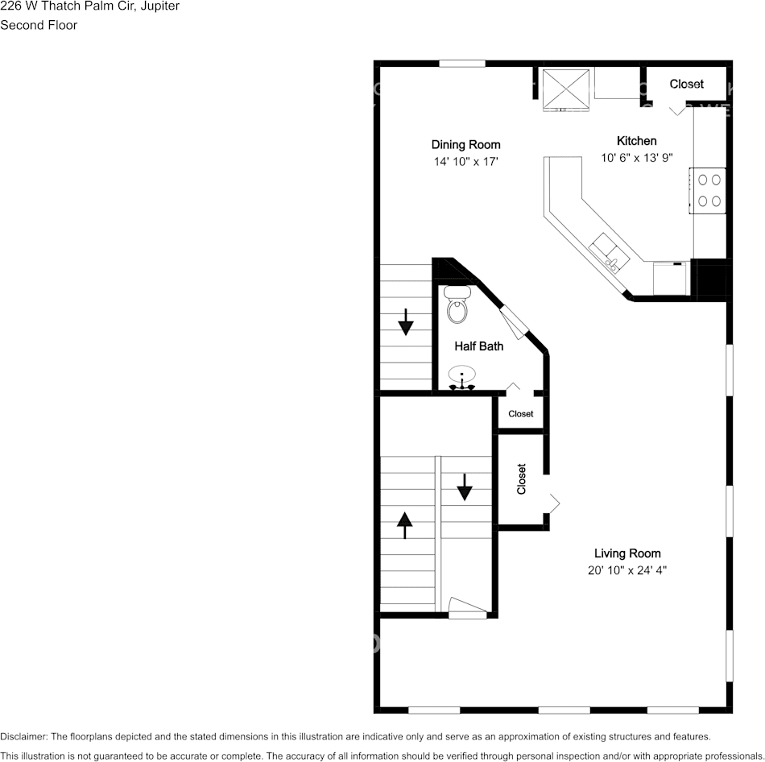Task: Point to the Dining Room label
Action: [x=465, y=145]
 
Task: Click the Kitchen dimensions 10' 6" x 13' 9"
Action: [x=636, y=159]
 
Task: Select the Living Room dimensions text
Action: [x=626, y=570]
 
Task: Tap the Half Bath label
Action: [x=479, y=346]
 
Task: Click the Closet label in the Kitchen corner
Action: [x=686, y=84]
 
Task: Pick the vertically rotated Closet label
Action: [x=522, y=478]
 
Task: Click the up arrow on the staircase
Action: [x=405, y=525]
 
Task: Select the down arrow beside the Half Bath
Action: [x=406, y=321]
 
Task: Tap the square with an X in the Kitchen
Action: [x=565, y=88]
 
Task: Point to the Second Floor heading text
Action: [x=39, y=25]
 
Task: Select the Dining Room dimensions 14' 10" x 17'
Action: [x=465, y=162]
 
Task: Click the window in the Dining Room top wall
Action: [x=462, y=63]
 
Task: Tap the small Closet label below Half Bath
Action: [x=520, y=414]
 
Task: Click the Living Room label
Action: [x=627, y=553]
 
